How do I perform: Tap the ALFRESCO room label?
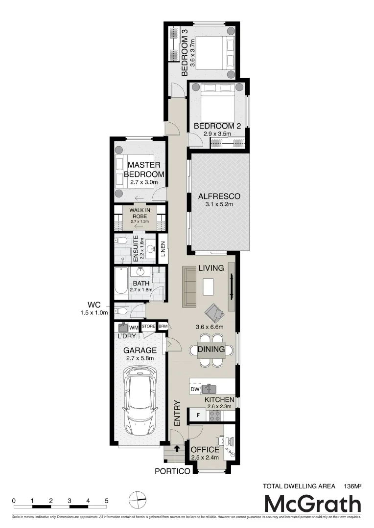pos(219,196)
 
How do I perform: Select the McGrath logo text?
pos(312,504)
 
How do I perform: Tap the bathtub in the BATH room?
pos(121,283)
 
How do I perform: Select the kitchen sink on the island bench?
pos(211,390)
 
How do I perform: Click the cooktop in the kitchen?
pos(214,416)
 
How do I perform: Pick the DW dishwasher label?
pos(195,390)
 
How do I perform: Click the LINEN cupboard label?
pos(162,248)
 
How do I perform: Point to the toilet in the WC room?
pos(121,310)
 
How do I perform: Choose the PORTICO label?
pos(172,472)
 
